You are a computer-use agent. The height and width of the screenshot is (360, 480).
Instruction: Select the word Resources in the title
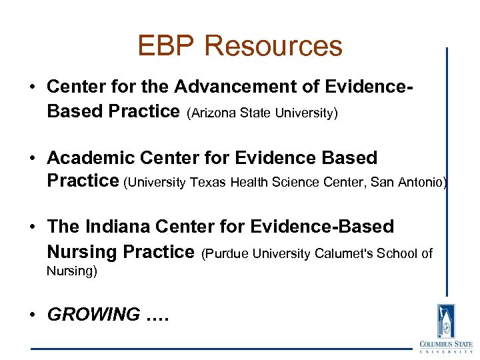pyautogui.click(x=273, y=46)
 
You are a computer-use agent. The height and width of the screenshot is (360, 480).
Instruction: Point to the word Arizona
pyautogui.click(x=211, y=113)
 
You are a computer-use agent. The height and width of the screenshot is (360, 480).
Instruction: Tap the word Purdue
pyautogui.click(x=223, y=253)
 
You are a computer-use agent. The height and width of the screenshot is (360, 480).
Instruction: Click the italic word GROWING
pyautogui.click(x=93, y=314)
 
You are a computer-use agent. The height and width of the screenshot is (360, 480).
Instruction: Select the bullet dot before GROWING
pyautogui.click(x=34, y=315)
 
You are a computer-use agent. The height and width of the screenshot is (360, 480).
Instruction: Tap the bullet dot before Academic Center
pyautogui.click(x=34, y=159)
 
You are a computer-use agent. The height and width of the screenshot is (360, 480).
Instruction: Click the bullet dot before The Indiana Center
pyautogui.click(x=34, y=227)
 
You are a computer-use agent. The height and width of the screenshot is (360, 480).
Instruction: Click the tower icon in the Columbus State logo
pyautogui.click(x=445, y=321)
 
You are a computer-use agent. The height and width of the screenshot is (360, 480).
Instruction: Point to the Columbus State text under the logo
pyautogui.click(x=445, y=347)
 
